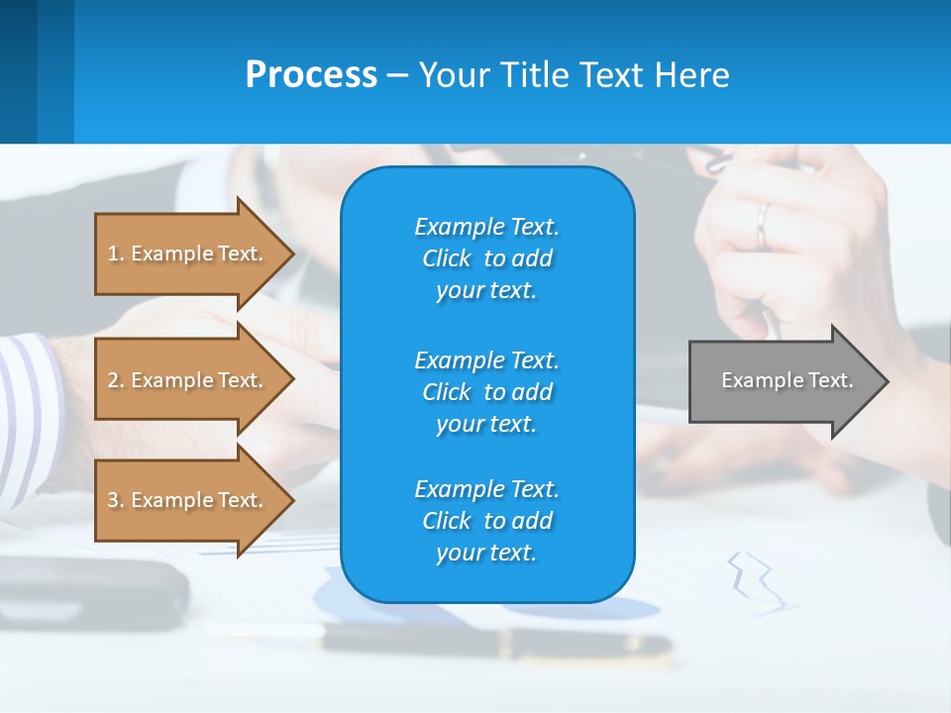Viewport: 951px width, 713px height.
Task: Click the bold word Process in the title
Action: point(311,75)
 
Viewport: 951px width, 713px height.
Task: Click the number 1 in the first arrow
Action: point(113,254)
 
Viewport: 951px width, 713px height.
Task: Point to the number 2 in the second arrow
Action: point(113,380)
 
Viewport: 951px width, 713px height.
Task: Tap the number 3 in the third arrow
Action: point(113,500)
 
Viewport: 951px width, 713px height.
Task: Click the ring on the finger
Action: point(763,225)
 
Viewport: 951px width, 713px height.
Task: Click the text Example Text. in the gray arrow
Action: point(787,380)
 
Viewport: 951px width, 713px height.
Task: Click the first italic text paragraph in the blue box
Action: point(486,258)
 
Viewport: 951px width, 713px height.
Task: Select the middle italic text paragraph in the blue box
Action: point(486,392)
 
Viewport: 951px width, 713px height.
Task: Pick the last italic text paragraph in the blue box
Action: point(486,521)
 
